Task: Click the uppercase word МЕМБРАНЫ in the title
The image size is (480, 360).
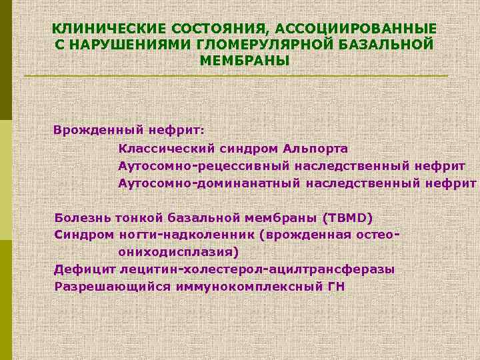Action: (244, 61)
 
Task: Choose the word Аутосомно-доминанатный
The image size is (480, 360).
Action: (209, 183)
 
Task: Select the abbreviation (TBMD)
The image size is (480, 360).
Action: (348, 217)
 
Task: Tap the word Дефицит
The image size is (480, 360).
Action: (85, 269)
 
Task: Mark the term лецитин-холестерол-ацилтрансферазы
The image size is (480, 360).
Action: (257, 269)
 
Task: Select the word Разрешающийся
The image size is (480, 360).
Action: (101, 287)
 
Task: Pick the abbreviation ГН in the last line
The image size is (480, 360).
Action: (335, 287)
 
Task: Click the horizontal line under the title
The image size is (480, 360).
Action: (236, 76)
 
